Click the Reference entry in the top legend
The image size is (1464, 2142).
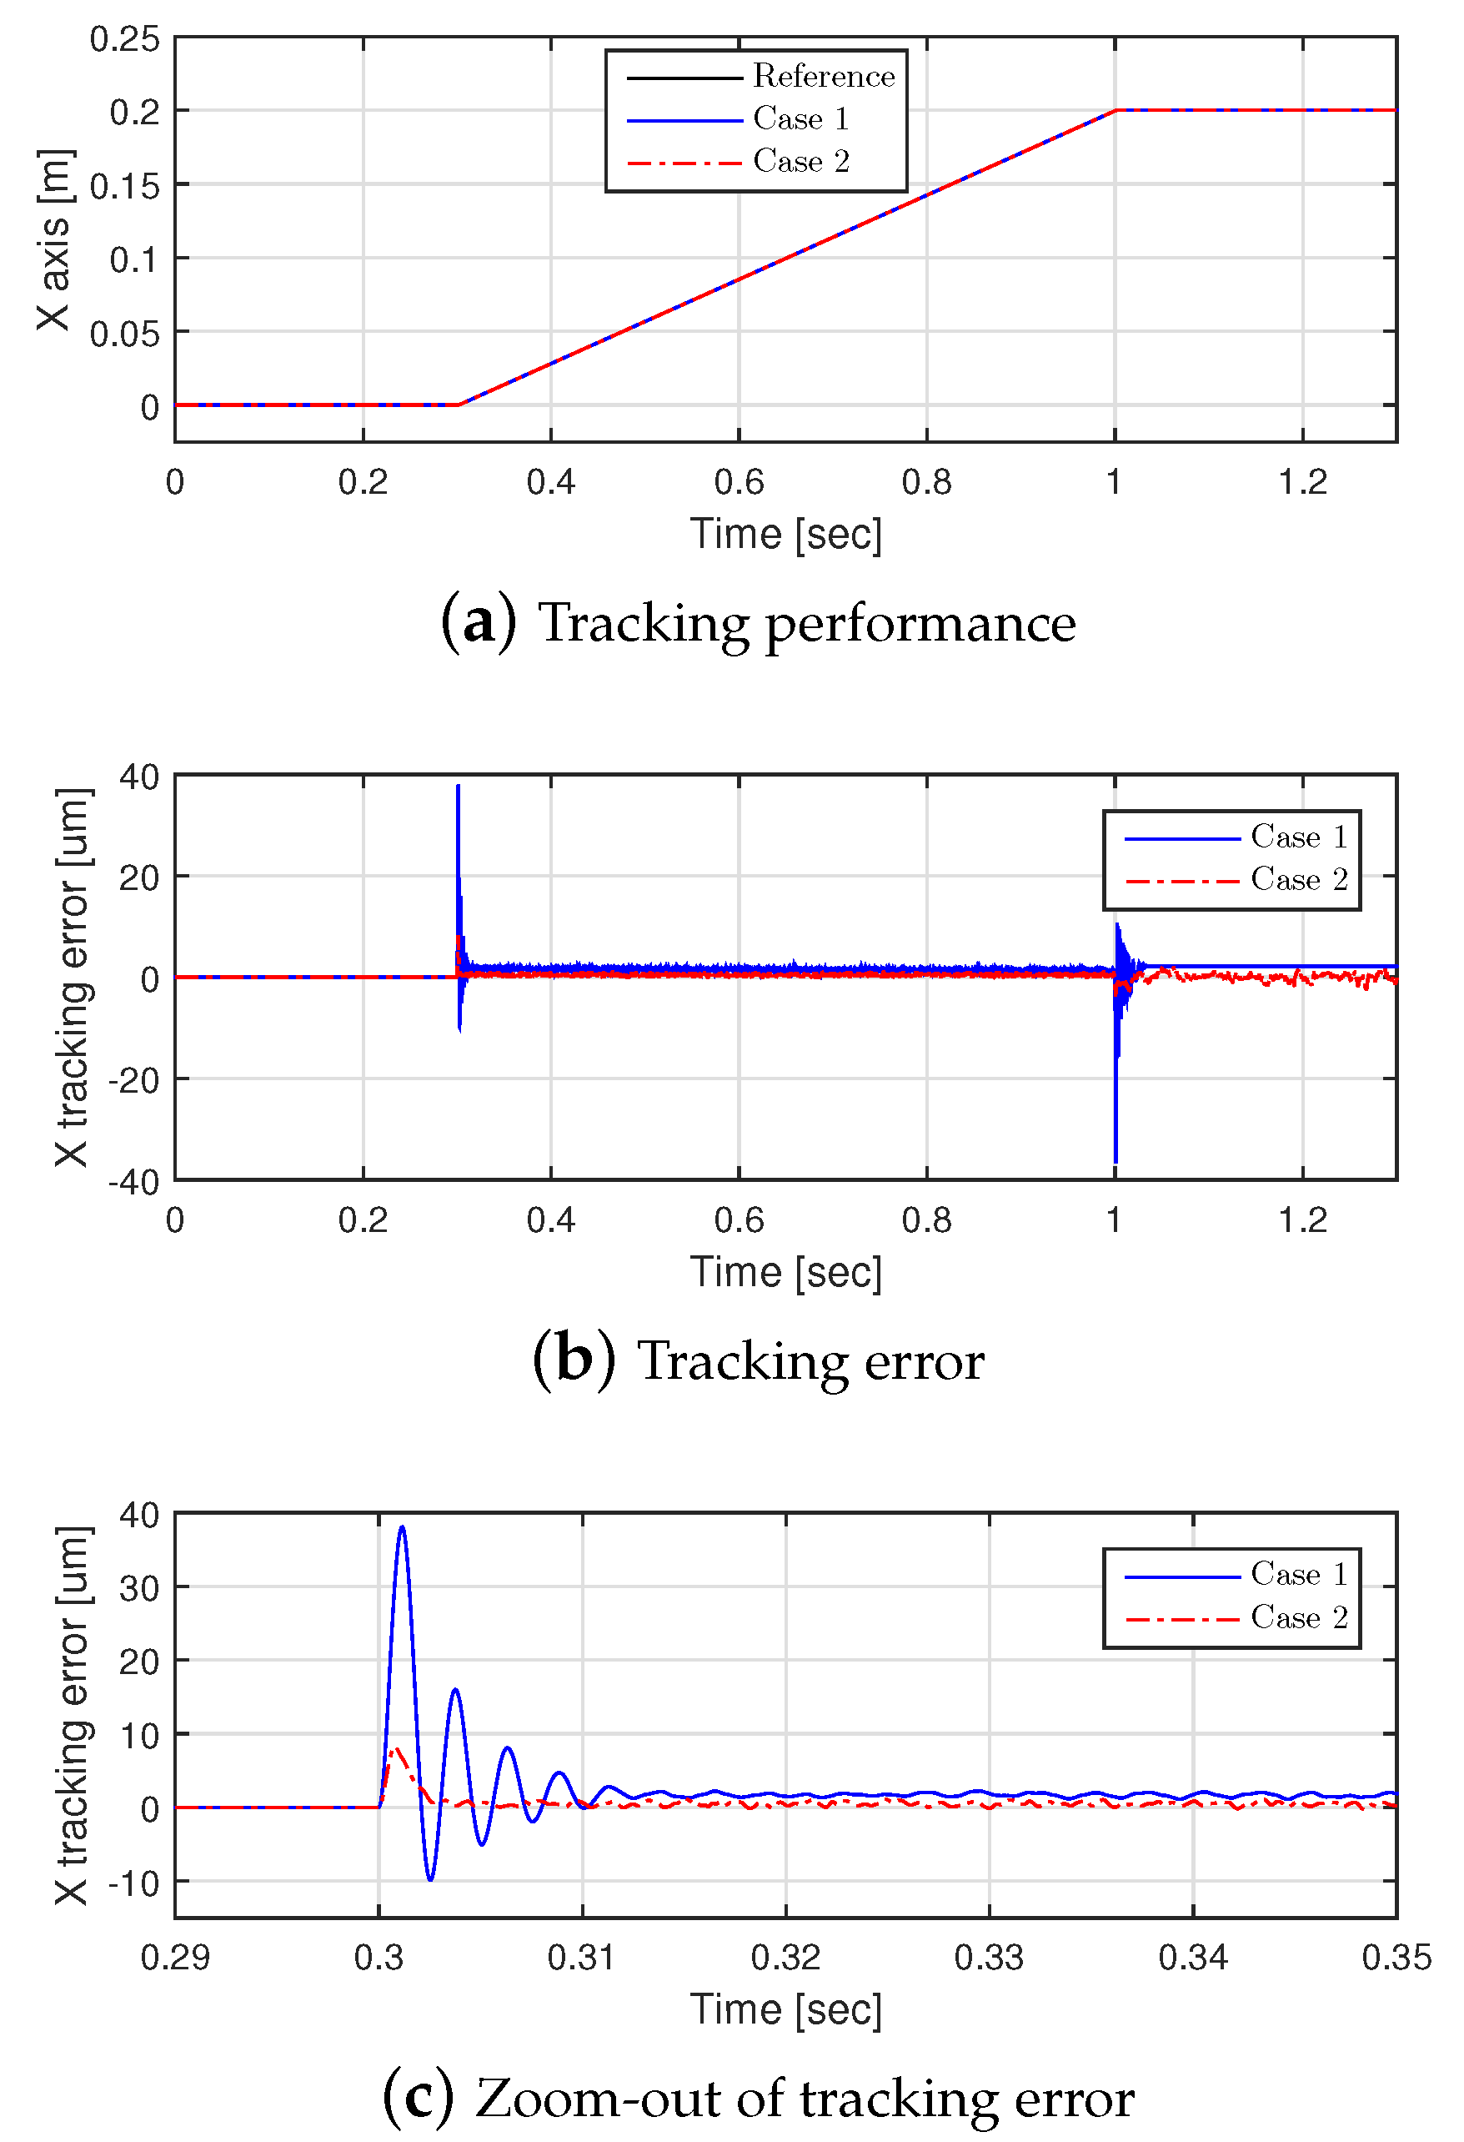(x=822, y=76)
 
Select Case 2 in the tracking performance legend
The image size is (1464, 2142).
(x=800, y=161)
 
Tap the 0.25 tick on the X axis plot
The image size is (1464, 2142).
(x=124, y=38)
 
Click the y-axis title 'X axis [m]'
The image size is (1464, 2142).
(x=53, y=239)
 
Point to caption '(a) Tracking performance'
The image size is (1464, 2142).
(x=757, y=622)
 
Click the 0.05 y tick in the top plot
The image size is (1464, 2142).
(x=124, y=334)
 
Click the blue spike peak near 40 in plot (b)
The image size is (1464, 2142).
(x=458, y=787)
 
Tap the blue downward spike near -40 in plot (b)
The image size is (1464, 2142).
(x=1115, y=1160)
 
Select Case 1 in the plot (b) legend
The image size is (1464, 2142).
(x=1297, y=836)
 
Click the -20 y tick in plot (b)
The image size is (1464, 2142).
(x=133, y=1080)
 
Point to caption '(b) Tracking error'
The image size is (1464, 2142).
(x=757, y=1361)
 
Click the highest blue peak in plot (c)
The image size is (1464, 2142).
(x=402, y=1527)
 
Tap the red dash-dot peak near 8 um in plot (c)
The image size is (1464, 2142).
(x=395, y=1748)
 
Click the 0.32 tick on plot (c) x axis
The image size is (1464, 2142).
(x=785, y=1956)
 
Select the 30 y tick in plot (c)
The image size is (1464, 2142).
(x=138, y=1588)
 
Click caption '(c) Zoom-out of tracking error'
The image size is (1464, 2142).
(x=757, y=2099)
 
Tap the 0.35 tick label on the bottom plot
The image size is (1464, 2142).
(x=1396, y=1956)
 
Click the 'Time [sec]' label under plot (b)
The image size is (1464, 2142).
(x=785, y=1272)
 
